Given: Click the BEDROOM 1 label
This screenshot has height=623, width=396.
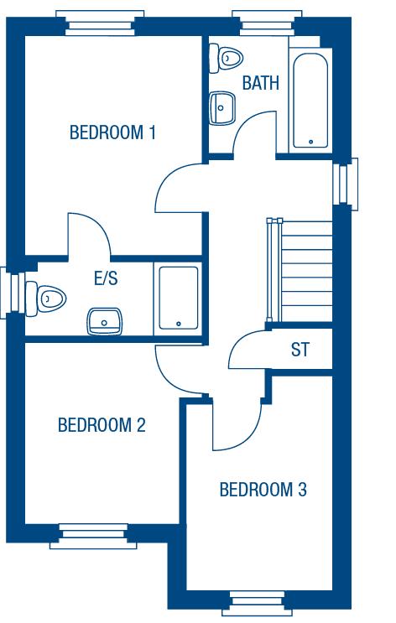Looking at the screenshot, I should pyautogui.click(x=112, y=132).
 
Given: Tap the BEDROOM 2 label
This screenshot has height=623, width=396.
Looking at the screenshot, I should pyautogui.click(x=102, y=425).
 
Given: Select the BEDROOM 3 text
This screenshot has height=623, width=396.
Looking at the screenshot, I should pyautogui.click(x=263, y=490).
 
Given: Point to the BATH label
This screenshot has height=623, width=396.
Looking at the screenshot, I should pyautogui.click(x=260, y=84).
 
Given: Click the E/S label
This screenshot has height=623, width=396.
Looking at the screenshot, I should pyautogui.click(x=106, y=278).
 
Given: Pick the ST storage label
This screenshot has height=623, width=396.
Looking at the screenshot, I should pyautogui.click(x=300, y=350).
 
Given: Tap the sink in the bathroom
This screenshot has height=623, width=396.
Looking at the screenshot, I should pyautogui.click(x=221, y=106).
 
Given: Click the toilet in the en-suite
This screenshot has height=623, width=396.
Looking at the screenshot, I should pyautogui.click(x=48, y=296).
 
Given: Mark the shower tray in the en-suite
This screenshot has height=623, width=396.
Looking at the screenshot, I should pyautogui.click(x=178, y=298).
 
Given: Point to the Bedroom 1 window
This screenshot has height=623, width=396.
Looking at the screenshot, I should pyautogui.click(x=94, y=21).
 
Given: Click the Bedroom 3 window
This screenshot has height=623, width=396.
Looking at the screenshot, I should pyautogui.click(x=259, y=601).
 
